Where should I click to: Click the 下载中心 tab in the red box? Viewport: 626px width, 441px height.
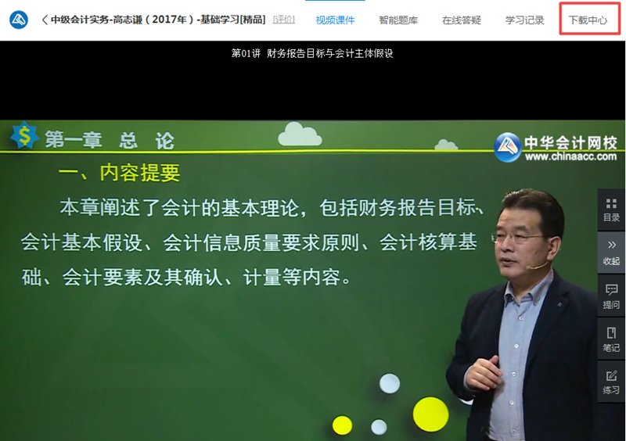[588, 20]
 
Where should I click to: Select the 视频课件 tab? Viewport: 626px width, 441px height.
[335, 20]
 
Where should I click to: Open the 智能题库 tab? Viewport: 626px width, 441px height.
[398, 20]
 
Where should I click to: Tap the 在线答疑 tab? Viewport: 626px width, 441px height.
[461, 20]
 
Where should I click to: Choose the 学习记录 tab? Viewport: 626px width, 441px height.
[524, 20]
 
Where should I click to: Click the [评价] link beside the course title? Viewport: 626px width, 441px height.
[284, 20]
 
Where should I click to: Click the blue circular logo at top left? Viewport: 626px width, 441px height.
[18, 20]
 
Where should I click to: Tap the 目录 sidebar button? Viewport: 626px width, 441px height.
[611, 210]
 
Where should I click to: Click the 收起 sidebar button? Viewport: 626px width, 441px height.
[611, 253]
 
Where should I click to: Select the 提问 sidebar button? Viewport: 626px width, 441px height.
[611, 296]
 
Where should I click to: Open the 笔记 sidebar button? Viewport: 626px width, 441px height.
[611, 339]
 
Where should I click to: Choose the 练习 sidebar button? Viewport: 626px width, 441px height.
[611, 382]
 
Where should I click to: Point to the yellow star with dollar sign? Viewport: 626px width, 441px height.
[24, 136]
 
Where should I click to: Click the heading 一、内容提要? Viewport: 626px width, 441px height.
[120, 171]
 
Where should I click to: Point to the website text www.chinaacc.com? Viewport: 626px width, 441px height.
[570, 157]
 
